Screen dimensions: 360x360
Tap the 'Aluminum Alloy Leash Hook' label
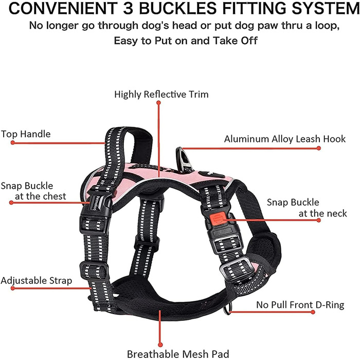272,139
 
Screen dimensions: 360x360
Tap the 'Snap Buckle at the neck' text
307,208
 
